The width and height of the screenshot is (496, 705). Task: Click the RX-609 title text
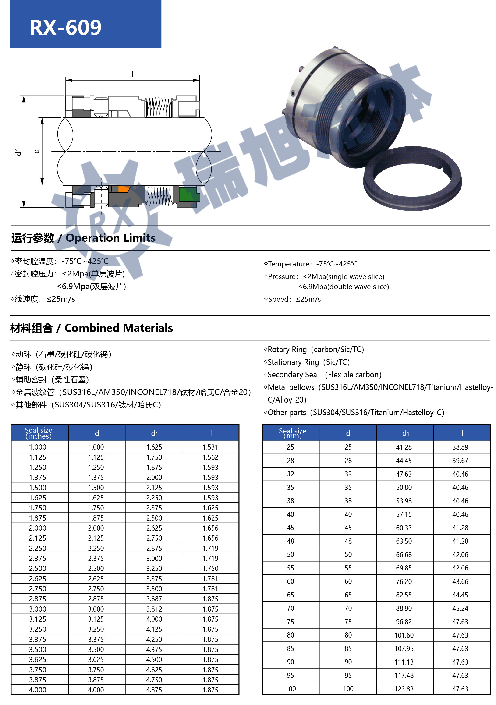click(65, 28)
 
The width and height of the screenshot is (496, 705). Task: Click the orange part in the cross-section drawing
click(124, 189)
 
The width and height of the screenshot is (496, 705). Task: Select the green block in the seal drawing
click(189, 194)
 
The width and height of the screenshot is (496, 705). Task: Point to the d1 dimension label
click(18, 151)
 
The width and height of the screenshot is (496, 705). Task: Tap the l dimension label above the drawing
click(132, 74)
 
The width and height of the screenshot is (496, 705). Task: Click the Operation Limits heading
click(84, 238)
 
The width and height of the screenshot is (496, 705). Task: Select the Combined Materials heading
click(92, 328)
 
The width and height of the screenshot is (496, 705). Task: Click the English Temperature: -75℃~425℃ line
click(311, 264)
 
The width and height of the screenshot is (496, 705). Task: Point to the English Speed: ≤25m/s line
click(292, 299)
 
